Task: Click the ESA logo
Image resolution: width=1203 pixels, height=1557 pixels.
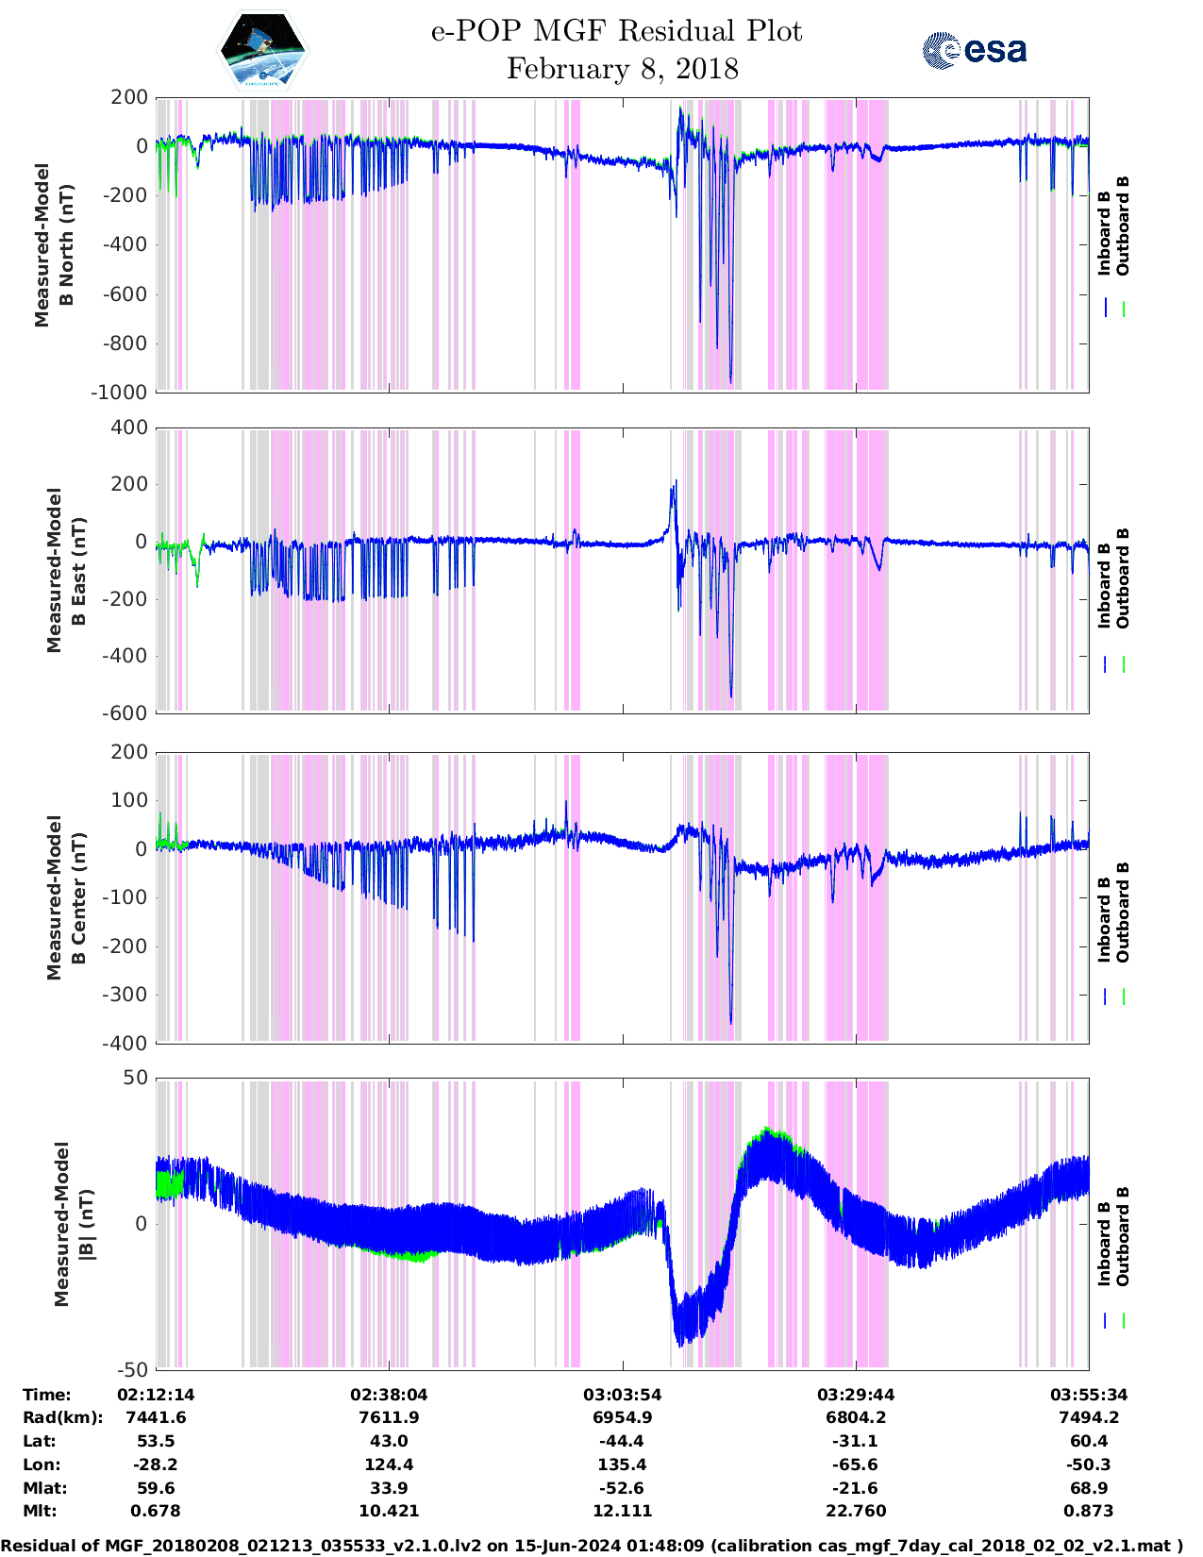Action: pos(974,50)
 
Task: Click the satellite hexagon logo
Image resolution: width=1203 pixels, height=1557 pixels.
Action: pos(262,51)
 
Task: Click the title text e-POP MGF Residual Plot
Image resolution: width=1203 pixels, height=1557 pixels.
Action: pos(616,31)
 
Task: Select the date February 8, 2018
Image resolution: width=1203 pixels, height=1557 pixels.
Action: pos(622,69)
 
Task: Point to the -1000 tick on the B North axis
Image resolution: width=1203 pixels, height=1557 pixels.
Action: pos(119,393)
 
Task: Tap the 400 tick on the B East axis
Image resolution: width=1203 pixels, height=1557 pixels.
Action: pos(129,427)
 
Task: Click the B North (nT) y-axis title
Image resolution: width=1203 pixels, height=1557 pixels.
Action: pos(55,245)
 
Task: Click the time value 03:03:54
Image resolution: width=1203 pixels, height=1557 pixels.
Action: pos(623,1395)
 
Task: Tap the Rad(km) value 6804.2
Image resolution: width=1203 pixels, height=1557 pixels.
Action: pos(856,1417)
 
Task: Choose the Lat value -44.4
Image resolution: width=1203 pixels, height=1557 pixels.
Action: pos(623,1441)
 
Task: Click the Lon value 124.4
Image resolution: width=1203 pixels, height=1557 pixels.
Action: pos(389,1465)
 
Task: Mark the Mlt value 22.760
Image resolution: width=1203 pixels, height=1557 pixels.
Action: pos(856,1511)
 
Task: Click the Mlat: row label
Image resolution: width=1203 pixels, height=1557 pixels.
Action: pos(45,1488)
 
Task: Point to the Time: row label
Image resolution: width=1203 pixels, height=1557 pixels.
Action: pos(47,1395)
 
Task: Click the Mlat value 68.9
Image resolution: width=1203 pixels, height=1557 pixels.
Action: pos(1089,1488)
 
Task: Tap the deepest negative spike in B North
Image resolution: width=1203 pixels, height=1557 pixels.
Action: pos(730,382)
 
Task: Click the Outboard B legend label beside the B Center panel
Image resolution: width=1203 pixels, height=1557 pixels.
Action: pos(1123,912)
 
